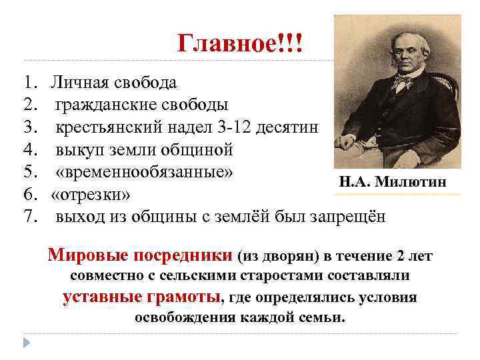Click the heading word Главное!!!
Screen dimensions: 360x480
point(240,45)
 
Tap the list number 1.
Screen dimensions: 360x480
point(27,83)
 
